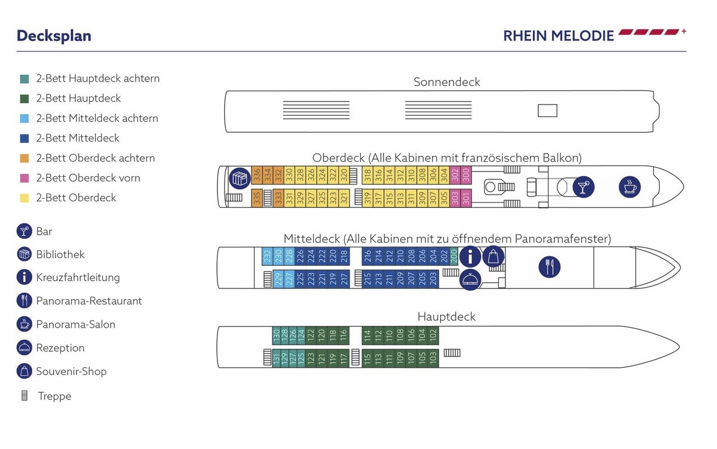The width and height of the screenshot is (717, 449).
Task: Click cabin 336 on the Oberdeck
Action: (x=256, y=175)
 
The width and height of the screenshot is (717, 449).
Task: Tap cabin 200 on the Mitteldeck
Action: (x=454, y=256)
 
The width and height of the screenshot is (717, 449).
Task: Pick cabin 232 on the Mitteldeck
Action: (x=267, y=256)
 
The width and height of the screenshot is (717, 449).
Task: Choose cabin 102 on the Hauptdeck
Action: (x=434, y=336)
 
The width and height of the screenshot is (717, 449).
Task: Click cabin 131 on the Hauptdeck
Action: (x=277, y=358)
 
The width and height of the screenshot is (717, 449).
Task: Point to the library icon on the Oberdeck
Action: (x=239, y=178)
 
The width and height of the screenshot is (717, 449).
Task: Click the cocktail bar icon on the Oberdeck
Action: (x=582, y=186)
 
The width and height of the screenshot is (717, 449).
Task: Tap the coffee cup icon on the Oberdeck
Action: (x=629, y=186)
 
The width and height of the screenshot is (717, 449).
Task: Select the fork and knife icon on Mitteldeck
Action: (x=549, y=266)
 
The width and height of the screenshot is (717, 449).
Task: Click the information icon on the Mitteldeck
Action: (x=470, y=257)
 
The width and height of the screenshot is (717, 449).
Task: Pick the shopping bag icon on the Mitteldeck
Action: (x=493, y=256)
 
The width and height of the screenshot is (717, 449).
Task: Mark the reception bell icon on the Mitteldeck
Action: (x=470, y=279)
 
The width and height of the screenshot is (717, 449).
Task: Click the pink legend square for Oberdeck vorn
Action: (x=24, y=178)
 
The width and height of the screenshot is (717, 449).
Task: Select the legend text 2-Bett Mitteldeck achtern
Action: (x=97, y=118)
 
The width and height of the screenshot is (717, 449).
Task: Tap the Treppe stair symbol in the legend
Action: (x=24, y=396)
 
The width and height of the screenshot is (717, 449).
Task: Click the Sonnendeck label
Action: (x=447, y=82)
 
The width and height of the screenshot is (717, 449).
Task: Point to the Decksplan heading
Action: (x=54, y=36)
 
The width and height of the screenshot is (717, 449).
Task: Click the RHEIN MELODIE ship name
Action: (x=559, y=36)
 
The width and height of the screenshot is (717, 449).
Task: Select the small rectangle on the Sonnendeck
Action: (x=547, y=110)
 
